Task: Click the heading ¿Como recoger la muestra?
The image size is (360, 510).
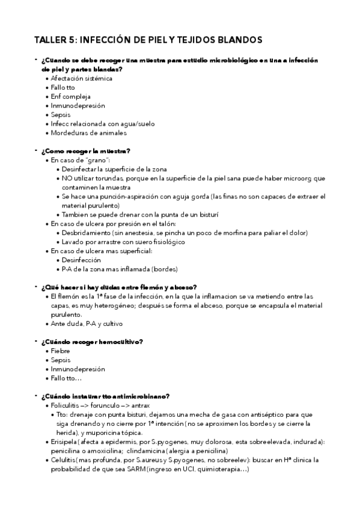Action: coord(86,150)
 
